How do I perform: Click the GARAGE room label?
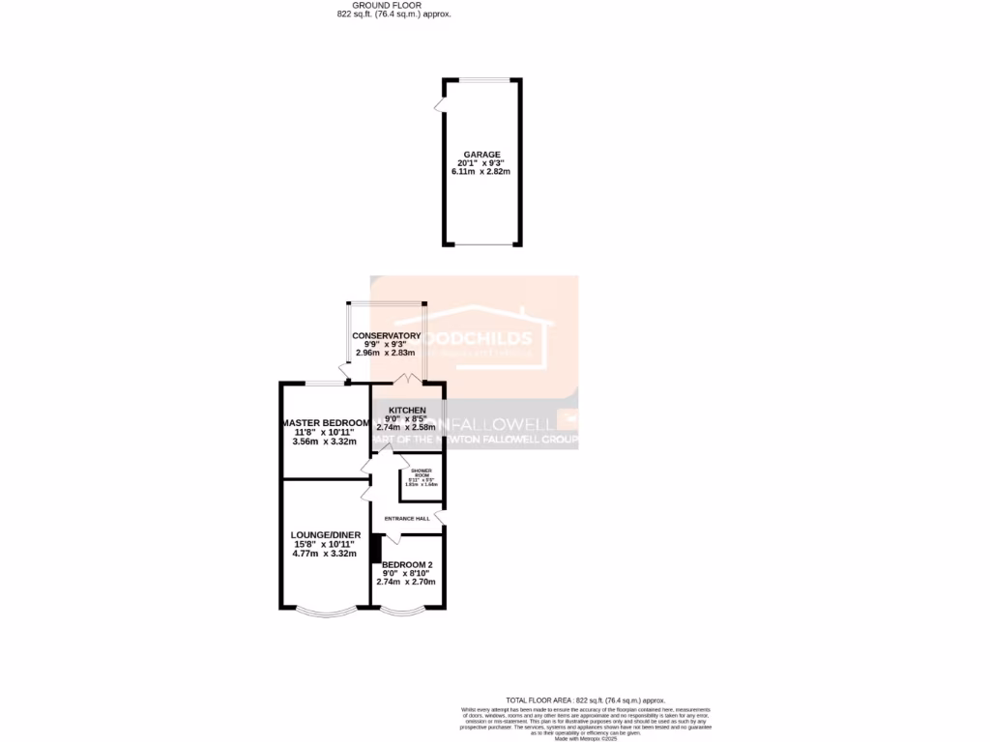pyautogui.click(x=481, y=155)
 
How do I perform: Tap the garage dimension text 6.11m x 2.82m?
pyautogui.click(x=480, y=172)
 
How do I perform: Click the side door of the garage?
pyautogui.click(x=440, y=103)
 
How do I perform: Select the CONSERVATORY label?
pyautogui.click(x=387, y=336)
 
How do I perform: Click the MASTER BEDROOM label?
pyautogui.click(x=326, y=423)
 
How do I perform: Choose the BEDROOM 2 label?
pyautogui.click(x=407, y=565)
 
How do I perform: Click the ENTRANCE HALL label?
pyautogui.click(x=407, y=519)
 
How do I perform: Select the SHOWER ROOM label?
pyautogui.click(x=422, y=473)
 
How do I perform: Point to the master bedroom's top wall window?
pyautogui.click(x=326, y=384)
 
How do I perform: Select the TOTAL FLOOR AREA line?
pyautogui.click(x=586, y=699)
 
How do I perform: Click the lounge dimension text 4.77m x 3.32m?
pyautogui.click(x=325, y=555)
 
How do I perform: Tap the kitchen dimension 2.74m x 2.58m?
pyautogui.click(x=407, y=427)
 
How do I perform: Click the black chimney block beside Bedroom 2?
pyautogui.click(x=376, y=547)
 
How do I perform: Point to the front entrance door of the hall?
pyautogui.click(x=440, y=520)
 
